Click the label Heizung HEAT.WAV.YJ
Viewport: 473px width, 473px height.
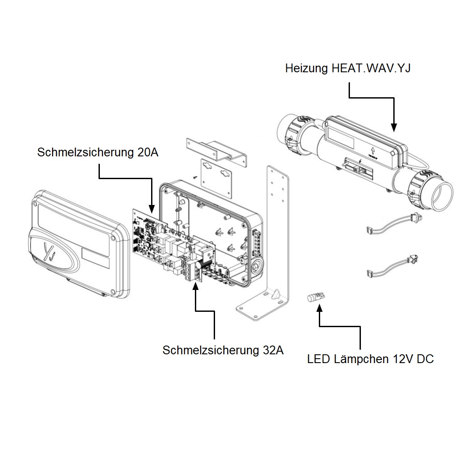pyautogui.click(x=348, y=68)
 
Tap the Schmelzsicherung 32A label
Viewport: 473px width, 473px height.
pyautogui.click(x=223, y=350)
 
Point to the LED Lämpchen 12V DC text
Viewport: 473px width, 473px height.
pyautogui.click(x=370, y=359)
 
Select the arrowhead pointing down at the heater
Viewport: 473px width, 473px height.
pyautogui.click(x=394, y=127)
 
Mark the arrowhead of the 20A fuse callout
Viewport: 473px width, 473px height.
pyautogui.click(x=152, y=210)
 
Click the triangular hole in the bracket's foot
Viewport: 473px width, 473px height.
pyautogui.click(x=275, y=294)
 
